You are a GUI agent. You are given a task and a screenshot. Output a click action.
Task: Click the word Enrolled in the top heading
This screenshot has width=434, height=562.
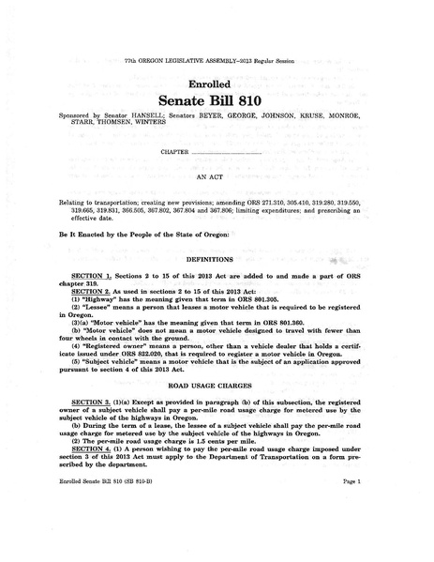[x=217, y=84]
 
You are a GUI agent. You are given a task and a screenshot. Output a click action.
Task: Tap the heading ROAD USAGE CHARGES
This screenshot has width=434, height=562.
[x=217, y=385]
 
